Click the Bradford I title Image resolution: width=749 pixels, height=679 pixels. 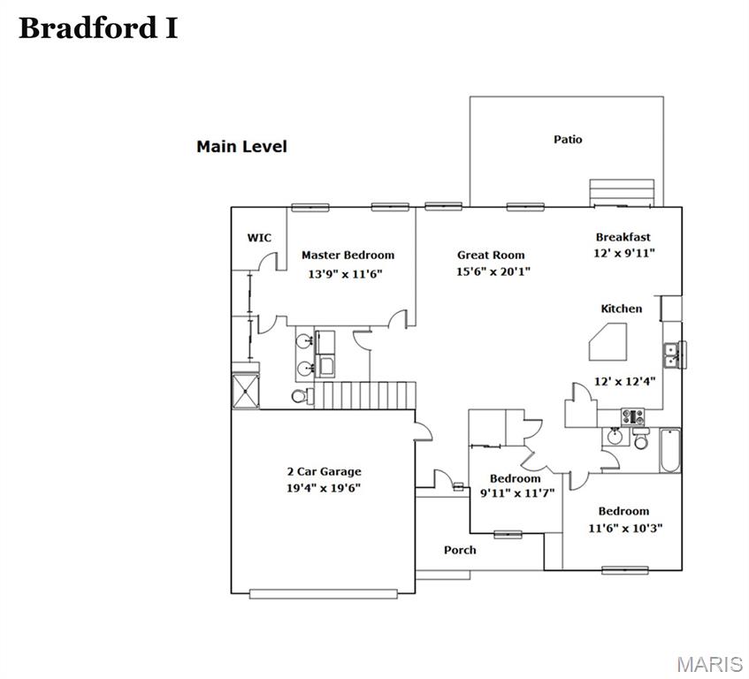tap(98, 28)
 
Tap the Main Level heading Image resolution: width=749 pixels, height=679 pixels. tap(241, 147)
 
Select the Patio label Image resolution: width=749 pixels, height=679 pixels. tap(568, 139)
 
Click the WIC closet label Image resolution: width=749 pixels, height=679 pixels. tap(259, 238)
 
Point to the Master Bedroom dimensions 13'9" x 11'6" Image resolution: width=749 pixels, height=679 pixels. tap(345, 274)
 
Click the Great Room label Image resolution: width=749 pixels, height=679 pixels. tap(491, 255)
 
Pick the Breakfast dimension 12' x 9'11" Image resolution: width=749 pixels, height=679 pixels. tap(623, 253)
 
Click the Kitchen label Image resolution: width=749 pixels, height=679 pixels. tap(622, 309)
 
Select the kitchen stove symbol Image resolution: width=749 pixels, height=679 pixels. tap(633, 416)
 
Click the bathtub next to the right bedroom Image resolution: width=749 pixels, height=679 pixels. tap(669, 450)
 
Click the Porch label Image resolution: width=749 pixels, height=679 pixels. tap(460, 550)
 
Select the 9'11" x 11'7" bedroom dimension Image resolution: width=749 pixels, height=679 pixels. tap(516, 494)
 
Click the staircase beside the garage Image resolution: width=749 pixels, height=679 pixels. tap(366, 395)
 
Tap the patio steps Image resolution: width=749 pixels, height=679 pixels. tap(622, 192)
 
